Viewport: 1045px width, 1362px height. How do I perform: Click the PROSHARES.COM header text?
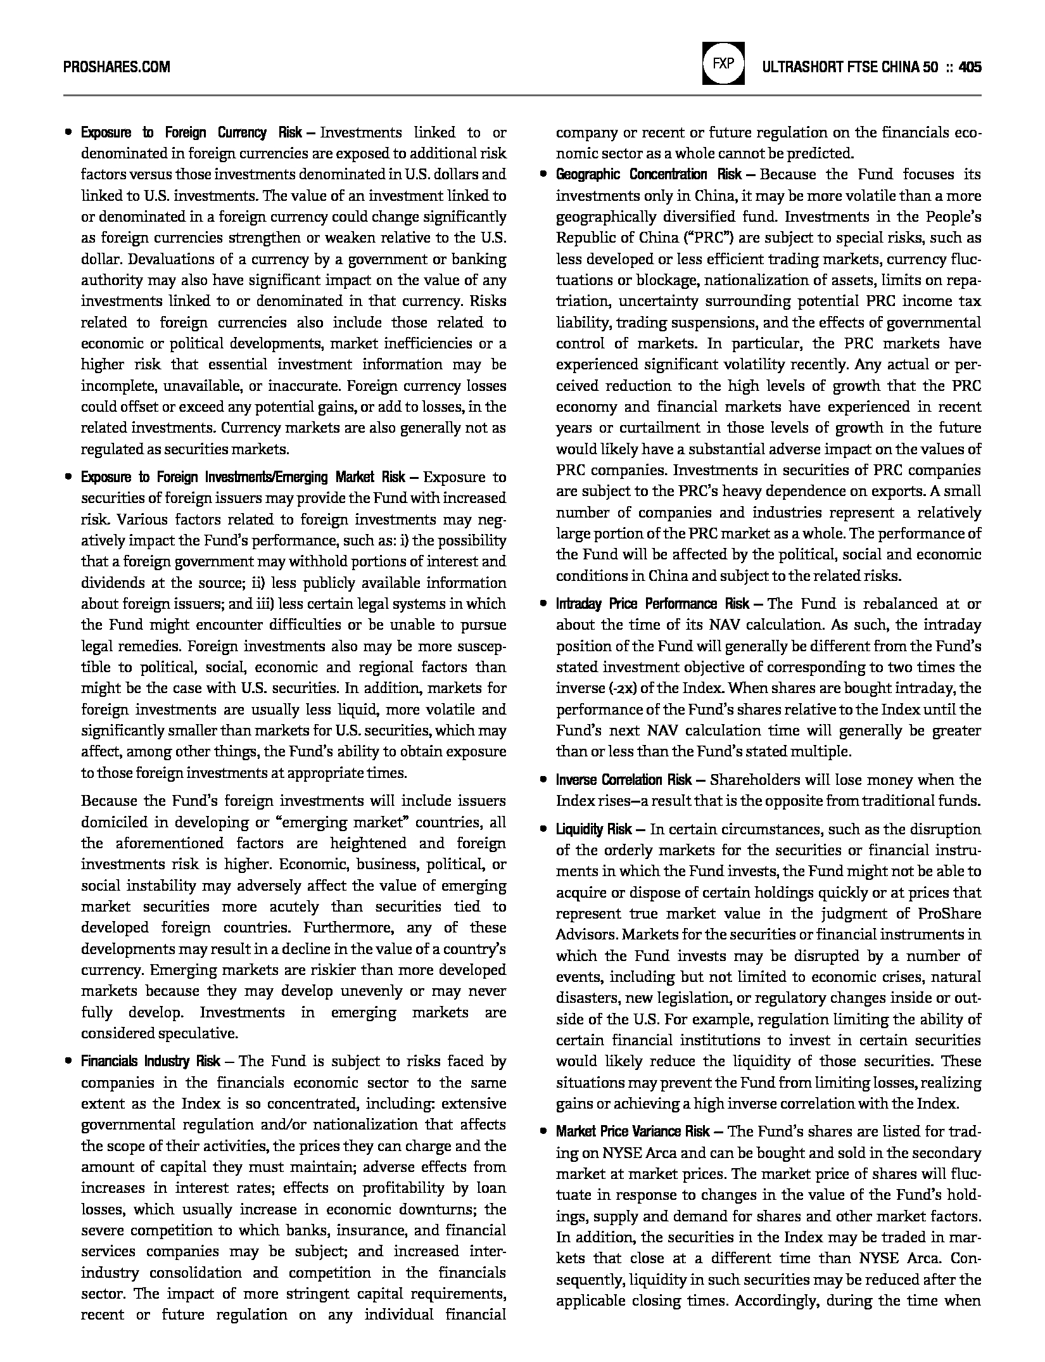point(117,67)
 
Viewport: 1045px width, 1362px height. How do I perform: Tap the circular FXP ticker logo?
point(723,63)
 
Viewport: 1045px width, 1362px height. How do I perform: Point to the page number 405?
point(970,67)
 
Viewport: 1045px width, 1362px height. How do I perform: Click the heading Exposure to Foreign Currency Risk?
point(191,133)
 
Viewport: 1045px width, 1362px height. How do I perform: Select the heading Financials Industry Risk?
point(150,1061)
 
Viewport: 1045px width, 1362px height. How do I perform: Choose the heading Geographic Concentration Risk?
point(649,175)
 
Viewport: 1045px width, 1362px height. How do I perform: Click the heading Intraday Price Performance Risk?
point(652,604)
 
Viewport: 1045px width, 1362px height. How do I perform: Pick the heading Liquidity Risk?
point(593,829)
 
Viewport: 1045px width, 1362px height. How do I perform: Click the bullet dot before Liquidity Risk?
point(543,829)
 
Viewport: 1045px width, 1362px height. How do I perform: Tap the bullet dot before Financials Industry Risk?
point(68,1061)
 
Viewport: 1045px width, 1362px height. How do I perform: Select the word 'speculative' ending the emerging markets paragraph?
point(200,1033)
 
